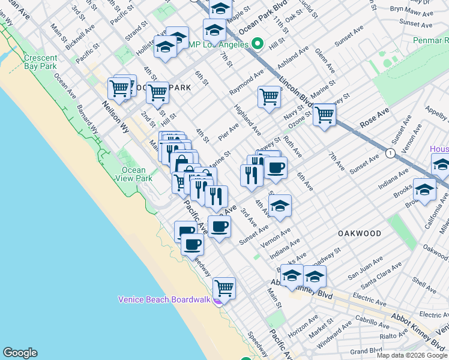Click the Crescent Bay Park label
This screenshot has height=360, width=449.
coord(40,62)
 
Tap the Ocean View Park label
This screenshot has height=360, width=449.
coord(133,174)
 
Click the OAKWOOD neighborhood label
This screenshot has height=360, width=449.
coord(360,233)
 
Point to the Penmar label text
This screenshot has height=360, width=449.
coord(430,40)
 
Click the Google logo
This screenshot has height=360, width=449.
coord(20,353)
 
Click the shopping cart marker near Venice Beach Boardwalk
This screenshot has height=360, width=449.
coord(224,287)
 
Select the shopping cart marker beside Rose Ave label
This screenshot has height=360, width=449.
coord(324,115)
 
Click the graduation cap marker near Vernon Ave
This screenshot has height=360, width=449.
coord(279,206)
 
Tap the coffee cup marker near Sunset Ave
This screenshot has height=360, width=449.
coord(219,227)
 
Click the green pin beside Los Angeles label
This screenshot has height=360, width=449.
coord(258,44)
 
